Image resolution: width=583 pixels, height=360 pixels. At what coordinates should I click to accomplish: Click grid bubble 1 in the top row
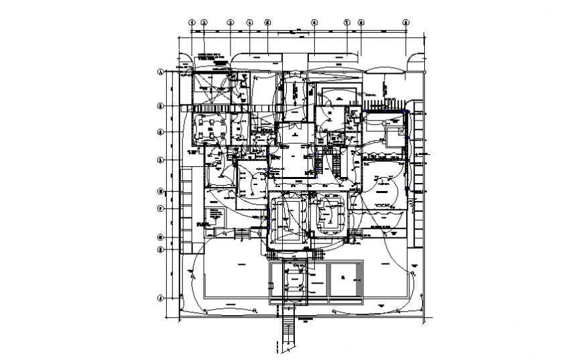[192, 22]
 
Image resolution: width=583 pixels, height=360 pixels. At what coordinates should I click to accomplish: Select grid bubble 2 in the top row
[204, 22]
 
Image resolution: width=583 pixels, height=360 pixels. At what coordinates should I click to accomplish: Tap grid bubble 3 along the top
[230, 22]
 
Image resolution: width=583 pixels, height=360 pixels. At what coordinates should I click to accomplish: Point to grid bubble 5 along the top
[267, 22]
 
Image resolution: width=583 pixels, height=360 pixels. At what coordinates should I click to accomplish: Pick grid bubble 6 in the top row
[314, 22]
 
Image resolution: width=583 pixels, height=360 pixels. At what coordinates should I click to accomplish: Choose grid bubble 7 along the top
[347, 22]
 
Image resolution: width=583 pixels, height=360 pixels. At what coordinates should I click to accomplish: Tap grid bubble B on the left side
[161, 105]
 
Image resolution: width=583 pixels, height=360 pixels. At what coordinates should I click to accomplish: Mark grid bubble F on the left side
[161, 208]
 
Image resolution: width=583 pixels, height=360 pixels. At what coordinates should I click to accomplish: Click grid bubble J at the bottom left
[161, 297]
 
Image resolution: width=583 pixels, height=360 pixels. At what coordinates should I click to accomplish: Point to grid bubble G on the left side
[161, 237]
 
